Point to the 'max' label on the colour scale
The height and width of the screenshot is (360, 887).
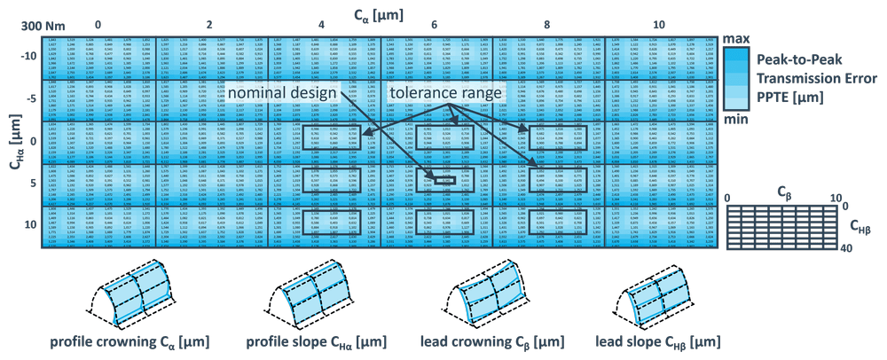pyautogui.click(x=735, y=39)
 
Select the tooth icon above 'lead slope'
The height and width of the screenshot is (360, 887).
pyautogui.click(x=657, y=293)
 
